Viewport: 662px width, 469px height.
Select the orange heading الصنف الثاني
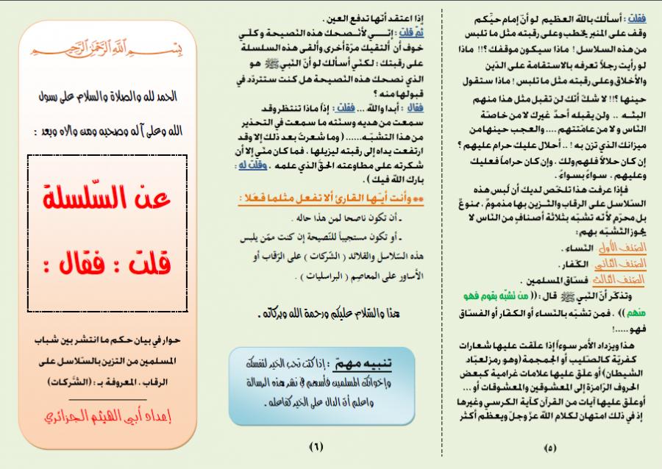click(x=613, y=265)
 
